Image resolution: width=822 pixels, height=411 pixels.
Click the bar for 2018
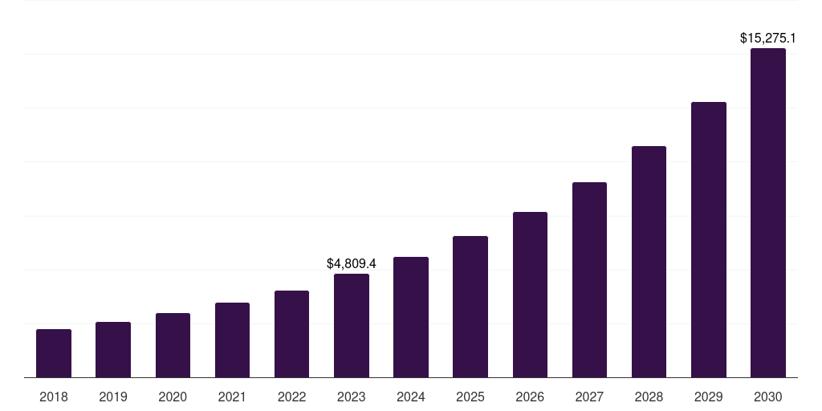pos(54,353)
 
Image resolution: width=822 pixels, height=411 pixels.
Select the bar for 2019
pos(113,350)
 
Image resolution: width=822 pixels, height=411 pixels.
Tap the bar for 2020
pos(173,345)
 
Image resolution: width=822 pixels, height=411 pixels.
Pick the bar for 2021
pos(232,340)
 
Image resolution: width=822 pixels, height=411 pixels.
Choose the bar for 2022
pos(291,334)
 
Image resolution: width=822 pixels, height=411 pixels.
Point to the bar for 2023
pos(352,326)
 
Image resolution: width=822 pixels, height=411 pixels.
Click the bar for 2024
pos(411,317)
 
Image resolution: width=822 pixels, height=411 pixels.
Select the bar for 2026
pos(530,295)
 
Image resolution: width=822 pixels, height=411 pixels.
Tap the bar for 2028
pos(649,262)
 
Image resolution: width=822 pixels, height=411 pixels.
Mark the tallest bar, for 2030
pos(768,213)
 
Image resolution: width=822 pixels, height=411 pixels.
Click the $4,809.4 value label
pos(352,263)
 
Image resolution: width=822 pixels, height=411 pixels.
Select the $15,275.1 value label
pos(768,38)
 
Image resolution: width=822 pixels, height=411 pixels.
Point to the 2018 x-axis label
pos(54,397)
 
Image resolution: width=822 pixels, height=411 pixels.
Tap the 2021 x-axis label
pos(232,397)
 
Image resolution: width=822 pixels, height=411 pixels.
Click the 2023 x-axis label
pos(352,397)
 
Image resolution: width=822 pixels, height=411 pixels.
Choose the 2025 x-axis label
pos(470,397)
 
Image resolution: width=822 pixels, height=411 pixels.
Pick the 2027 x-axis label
pos(589,397)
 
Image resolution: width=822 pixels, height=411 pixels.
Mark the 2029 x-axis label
pos(708,397)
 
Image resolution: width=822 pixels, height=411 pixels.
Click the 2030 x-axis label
pos(768,397)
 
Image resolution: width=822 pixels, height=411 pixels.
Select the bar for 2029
pos(708,240)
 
